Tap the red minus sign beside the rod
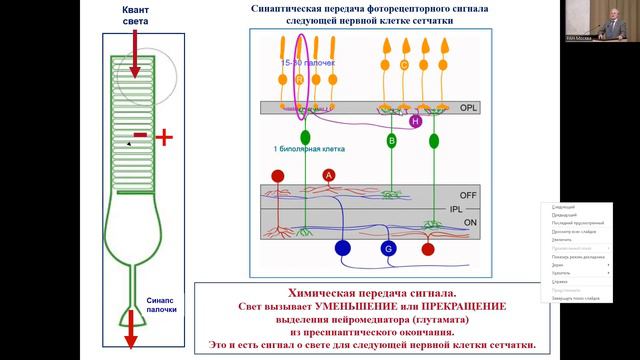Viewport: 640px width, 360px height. pyautogui.click(x=140, y=133)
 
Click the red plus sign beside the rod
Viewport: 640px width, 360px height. pyautogui.click(x=164, y=136)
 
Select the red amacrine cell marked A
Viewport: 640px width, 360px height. pyautogui.click(x=328, y=175)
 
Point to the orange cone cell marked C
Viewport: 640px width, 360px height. pyautogui.click(x=404, y=66)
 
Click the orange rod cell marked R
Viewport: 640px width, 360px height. pyautogui.click(x=299, y=77)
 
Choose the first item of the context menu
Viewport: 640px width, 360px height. pyautogui.click(x=562, y=207)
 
